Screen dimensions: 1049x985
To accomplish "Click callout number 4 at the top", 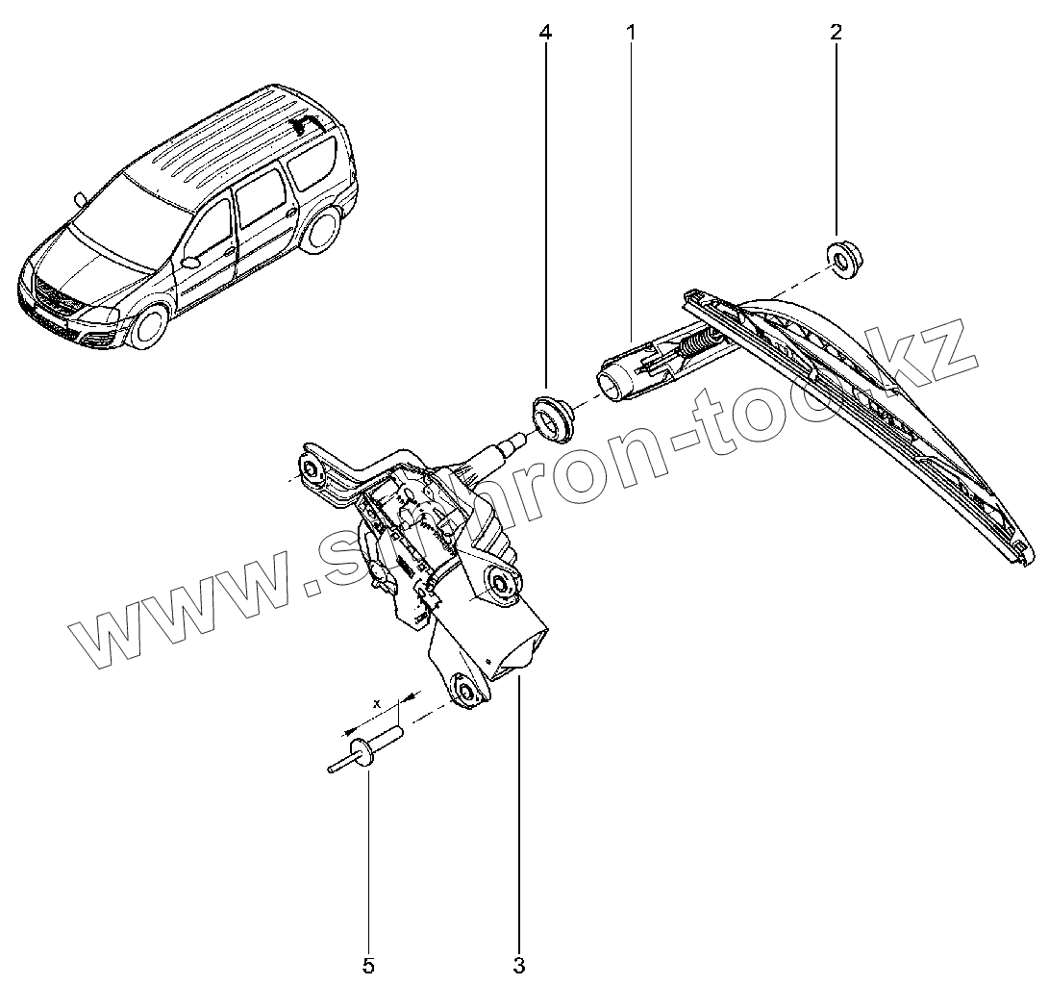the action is tap(545, 33).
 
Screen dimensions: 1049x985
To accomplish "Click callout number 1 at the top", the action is tap(632, 33).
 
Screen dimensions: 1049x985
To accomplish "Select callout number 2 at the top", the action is tap(835, 33).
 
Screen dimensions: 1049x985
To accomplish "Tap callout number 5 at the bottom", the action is tap(368, 964).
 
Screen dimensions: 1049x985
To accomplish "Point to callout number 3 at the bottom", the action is tap(519, 964).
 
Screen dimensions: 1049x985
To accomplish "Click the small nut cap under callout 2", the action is tap(843, 260).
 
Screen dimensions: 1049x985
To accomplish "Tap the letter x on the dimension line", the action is tap(378, 703).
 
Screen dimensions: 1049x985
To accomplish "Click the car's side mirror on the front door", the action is tap(190, 261).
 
